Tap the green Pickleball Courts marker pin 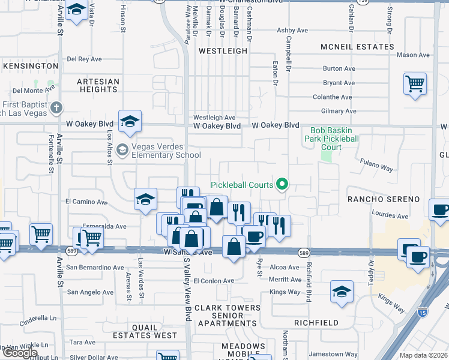point(281,184)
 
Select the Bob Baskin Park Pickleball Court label point(326,139)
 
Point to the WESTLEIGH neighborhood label point(223,52)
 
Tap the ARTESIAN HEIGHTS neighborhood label point(98,85)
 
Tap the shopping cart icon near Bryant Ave point(415,83)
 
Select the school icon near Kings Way point(342,291)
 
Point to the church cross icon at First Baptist point(56,109)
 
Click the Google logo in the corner point(19,353)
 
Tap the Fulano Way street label point(376,165)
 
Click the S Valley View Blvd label point(187,287)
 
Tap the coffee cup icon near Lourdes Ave point(441,209)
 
